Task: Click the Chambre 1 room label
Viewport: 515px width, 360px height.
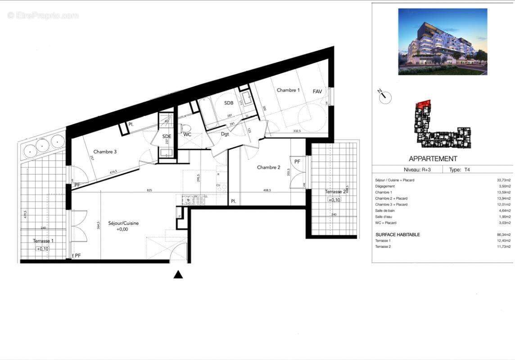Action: coord(288,90)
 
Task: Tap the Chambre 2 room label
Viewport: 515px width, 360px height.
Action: coord(268,167)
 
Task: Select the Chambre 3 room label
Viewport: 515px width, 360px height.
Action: coord(105,152)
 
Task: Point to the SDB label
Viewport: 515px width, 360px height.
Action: coord(229,103)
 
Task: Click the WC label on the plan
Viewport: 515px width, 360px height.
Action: coord(187,134)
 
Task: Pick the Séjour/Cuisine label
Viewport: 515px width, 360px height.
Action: coord(123,223)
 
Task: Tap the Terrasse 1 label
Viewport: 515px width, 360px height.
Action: coord(43,241)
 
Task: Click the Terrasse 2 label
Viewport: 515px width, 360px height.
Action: coord(335,192)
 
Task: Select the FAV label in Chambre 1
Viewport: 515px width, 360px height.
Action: coord(317,91)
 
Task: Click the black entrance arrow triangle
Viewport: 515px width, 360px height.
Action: coord(178,274)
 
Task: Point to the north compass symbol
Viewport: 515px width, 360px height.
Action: coord(384,96)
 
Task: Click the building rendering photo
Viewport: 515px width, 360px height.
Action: coord(443,41)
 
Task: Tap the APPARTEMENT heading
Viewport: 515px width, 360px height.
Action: coord(433,159)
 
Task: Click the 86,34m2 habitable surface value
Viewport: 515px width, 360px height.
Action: coord(503,235)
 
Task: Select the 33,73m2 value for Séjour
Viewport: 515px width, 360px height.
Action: coord(503,180)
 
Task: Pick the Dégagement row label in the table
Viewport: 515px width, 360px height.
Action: coord(385,186)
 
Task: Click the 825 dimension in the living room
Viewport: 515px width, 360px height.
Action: coord(149,190)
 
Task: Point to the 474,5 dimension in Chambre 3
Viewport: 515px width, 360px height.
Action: coord(113,171)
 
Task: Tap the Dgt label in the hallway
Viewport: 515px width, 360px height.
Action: coord(225,134)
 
